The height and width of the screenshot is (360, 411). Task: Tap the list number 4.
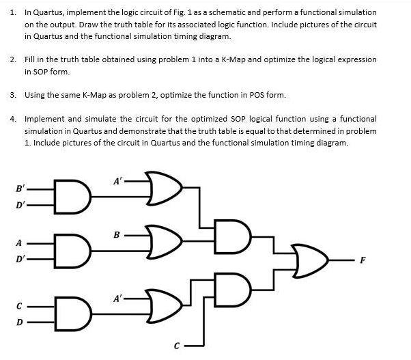(13, 118)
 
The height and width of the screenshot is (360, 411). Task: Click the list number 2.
(13, 59)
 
